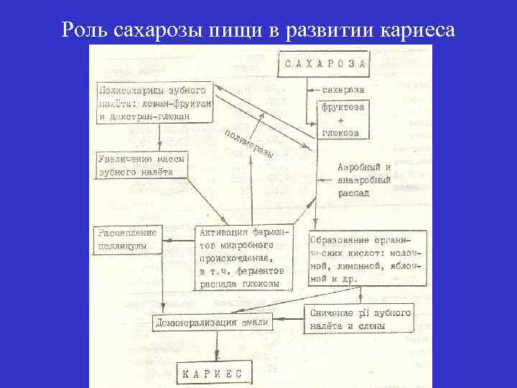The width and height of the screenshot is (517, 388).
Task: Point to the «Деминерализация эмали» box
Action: pyautogui.click(x=213, y=323)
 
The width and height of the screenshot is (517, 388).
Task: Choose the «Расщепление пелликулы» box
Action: pyautogui.click(x=127, y=239)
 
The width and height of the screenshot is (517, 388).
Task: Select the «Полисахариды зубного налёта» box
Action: pyautogui.click(x=155, y=102)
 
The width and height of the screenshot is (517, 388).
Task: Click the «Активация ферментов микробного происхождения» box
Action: pyautogui.click(x=244, y=256)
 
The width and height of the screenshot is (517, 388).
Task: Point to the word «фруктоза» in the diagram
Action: pyautogui.click(x=343, y=106)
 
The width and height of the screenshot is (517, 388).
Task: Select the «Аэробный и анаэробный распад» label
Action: pyautogui.click(x=364, y=179)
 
